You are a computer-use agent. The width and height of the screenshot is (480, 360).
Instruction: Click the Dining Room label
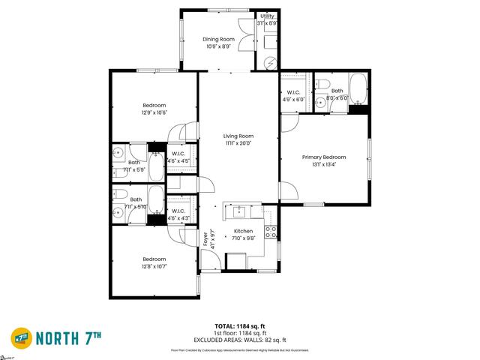coord(219,38)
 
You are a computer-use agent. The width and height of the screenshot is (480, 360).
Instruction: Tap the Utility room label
coord(268,16)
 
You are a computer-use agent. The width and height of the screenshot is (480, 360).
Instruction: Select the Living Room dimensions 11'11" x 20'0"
coord(238,142)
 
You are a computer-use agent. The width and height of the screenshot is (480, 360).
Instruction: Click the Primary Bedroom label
coord(324,157)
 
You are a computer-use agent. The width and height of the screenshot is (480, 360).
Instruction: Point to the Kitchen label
coord(244,231)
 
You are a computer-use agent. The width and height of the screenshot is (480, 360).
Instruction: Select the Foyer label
coord(206,238)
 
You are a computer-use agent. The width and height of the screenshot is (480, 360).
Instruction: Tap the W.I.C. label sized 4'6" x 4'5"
coord(178,157)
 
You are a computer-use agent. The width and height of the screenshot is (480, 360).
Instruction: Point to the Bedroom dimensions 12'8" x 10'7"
coord(154,265)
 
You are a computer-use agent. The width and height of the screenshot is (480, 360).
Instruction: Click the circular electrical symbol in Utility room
coord(271,64)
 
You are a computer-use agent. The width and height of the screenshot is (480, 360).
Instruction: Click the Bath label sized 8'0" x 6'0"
coord(337,94)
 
